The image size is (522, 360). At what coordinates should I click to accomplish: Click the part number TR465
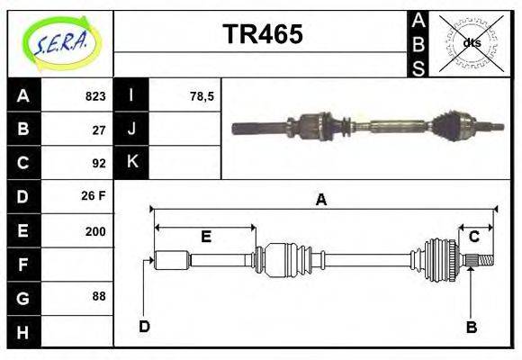pos(262,34)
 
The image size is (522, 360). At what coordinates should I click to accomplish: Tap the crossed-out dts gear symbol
pos(470,43)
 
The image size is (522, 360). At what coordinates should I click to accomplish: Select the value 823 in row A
pos(95,96)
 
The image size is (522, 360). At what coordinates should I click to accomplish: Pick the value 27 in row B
pos(99,130)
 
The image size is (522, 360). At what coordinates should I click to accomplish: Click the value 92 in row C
pos(99,163)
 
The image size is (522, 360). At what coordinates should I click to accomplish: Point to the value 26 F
pos(94,196)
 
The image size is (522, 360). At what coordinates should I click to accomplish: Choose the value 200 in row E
pos(95,230)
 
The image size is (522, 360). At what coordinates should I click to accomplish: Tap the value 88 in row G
pos(99,296)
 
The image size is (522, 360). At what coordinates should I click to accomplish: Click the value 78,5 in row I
pos(202,96)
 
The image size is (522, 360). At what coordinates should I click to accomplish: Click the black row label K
pos(131,163)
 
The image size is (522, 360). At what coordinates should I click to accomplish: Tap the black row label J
pos(131,130)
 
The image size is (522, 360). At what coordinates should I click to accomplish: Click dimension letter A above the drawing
pos(320,201)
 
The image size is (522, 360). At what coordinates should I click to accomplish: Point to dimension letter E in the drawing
pos(205,237)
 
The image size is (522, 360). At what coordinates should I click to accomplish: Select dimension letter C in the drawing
pos(473,237)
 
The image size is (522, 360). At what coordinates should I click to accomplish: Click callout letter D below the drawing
pos(144,326)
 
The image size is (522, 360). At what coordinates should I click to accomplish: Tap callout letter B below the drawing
pos(471,327)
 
